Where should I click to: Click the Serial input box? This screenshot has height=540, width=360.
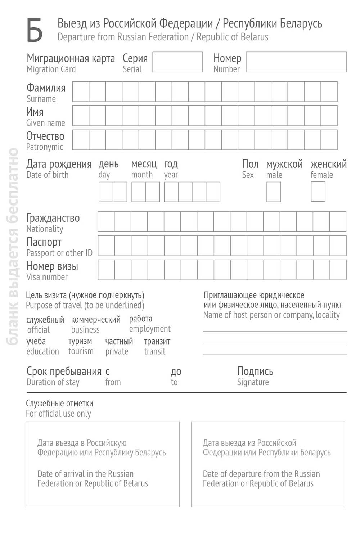[x=177, y=62]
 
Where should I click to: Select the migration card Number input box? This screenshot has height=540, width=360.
[x=296, y=62]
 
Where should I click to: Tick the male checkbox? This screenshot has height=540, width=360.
[x=274, y=192]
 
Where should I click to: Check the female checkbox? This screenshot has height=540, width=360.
[x=318, y=192]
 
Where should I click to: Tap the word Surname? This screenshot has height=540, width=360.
[x=41, y=99]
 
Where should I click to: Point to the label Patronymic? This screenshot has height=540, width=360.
[x=44, y=147]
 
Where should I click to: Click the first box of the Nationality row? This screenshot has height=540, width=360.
[x=106, y=221]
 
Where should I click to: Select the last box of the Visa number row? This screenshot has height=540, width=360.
[x=338, y=270]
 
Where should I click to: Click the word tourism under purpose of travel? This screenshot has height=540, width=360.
[x=81, y=351]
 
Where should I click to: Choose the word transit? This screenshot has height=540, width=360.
[x=155, y=351]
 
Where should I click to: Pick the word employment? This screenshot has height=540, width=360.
[x=150, y=329]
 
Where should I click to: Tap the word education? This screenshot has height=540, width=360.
[x=42, y=351]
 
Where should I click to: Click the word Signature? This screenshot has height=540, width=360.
[x=253, y=382]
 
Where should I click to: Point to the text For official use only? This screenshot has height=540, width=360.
[x=58, y=414]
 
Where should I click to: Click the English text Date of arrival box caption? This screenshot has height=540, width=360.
[x=93, y=478]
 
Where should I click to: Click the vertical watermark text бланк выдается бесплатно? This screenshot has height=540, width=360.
[x=13, y=246]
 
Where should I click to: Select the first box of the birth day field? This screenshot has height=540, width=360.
[x=106, y=192]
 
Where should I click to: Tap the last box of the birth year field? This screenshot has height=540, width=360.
[x=213, y=192]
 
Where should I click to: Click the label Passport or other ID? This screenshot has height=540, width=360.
[x=59, y=253]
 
